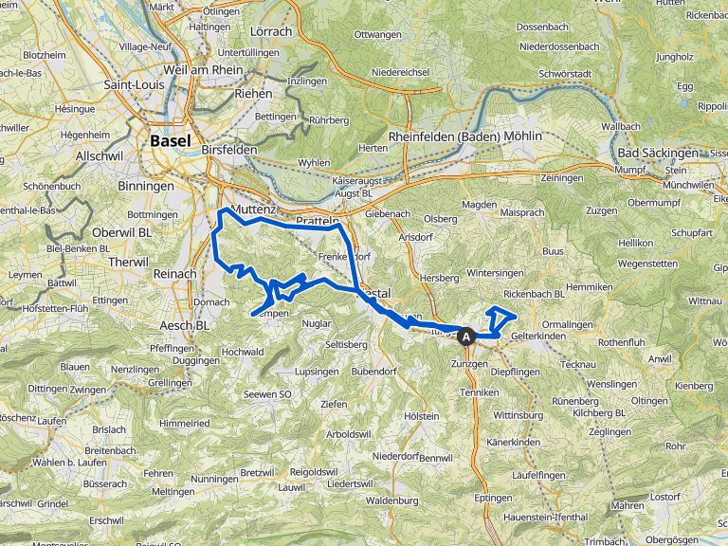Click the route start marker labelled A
pyautogui.click(x=465, y=336)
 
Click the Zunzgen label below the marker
pyautogui.click(x=468, y=364)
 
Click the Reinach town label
pyautogui.click(x=173, y=273)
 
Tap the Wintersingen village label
pyautogui.click(x=495, y=273)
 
